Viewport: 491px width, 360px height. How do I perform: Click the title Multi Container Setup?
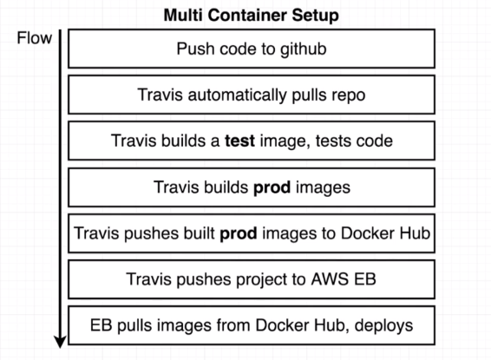251,16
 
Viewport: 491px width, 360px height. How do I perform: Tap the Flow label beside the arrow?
35,38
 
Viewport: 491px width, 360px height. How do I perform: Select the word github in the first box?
303,49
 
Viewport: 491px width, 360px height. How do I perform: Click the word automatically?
237,95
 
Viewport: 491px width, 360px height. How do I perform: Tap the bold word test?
239,141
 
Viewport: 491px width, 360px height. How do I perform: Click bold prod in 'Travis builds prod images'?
272,187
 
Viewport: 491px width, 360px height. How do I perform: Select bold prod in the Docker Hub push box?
239,233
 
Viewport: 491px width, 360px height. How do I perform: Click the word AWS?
330,279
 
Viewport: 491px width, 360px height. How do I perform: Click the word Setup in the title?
315,16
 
